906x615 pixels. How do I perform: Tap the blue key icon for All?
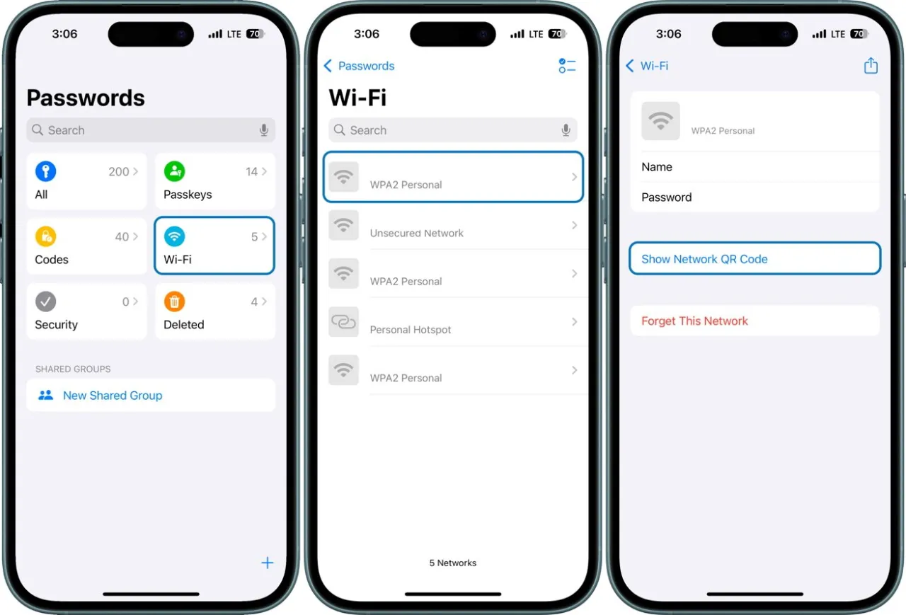tap(45, 171)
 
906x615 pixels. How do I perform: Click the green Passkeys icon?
tap(174, 171)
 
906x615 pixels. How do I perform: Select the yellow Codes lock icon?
tap(45, 236)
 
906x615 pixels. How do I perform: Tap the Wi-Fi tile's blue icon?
tap(174, 236)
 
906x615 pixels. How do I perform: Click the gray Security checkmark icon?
tap(45, 301)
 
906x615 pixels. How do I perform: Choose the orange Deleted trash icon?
tap(174, 301)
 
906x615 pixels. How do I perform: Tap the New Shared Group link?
tap(113, 396)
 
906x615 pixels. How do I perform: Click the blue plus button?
tap(267, 563)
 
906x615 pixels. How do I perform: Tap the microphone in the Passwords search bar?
tap(264, 130)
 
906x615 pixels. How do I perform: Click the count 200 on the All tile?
tap(119, 171)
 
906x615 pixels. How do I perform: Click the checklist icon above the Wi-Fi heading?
tap(567, 66)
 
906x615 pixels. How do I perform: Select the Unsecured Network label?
tap(416, 233)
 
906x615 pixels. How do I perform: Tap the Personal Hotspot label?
tap(411, 330)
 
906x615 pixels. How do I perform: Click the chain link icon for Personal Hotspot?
tap(344, 322)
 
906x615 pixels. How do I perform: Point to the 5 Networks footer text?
tap(453, 563)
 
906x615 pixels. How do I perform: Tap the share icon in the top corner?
tap(871, 66)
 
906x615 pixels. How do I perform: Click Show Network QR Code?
tap(704, 259)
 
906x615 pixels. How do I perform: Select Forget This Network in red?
tap(694, 321)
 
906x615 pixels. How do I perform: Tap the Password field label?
tap(666, 197)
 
